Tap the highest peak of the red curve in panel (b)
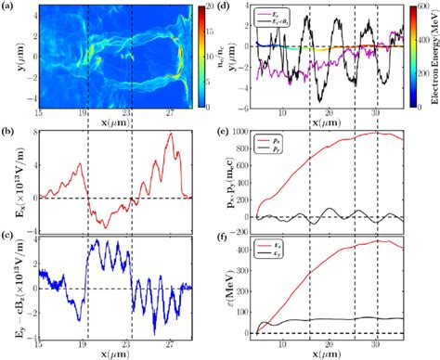pos(171,134)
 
